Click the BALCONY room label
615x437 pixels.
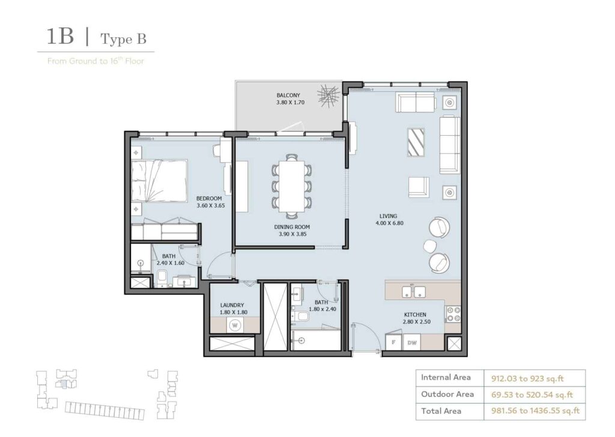[288, 95]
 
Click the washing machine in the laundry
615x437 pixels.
[234, 325]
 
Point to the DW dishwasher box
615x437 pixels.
[412, 342]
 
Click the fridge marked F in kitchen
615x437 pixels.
[393, 342]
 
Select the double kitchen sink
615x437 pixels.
[413, 292]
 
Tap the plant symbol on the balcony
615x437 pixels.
[329, 96]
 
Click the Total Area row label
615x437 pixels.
[441, 411]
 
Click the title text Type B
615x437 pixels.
[123, 40]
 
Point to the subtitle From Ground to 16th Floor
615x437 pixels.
[95, 61]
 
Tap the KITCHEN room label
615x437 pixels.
[414, 315]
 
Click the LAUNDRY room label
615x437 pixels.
[231, 305]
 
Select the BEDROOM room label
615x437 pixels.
[210, 199]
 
